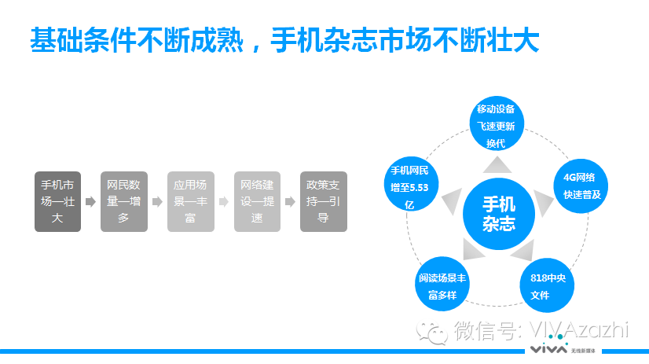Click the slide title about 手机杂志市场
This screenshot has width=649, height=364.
(284, 41)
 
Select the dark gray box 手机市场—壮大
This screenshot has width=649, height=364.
(57, 201)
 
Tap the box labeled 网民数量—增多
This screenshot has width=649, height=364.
(123, 201)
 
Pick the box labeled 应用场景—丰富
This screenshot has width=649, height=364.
(190, 201)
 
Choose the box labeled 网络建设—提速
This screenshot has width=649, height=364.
(257, 201)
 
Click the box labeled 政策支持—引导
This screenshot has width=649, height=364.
(323, 201)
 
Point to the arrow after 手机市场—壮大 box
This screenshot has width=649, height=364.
(90, 202)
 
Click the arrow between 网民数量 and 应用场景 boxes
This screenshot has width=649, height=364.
(157, 202)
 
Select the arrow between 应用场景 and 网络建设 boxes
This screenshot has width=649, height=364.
(224, 202)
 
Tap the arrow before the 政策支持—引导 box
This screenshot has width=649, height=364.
(290, 202)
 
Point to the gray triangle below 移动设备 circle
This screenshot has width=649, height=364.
(498, 164)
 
